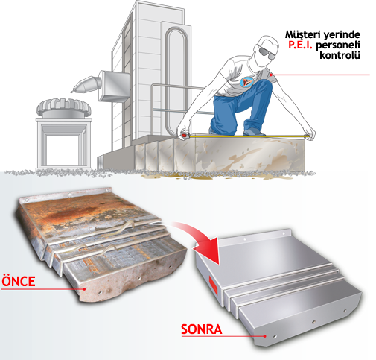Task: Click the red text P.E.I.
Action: pos(300,45)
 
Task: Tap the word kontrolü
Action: pos(340,55)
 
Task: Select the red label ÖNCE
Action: pos(19,281)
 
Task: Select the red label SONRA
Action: pos(201,329)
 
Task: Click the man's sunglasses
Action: pos(267,53)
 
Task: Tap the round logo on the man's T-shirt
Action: pos(247,82)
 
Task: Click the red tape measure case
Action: pos(184,136)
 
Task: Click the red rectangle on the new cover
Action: pos(213,286)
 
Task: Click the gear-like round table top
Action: pos(64,107)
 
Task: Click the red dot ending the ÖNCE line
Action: pos(84,289)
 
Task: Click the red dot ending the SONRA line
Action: pos(265,336)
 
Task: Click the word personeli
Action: pos(338,45)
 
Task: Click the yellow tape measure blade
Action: pos(248,136)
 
